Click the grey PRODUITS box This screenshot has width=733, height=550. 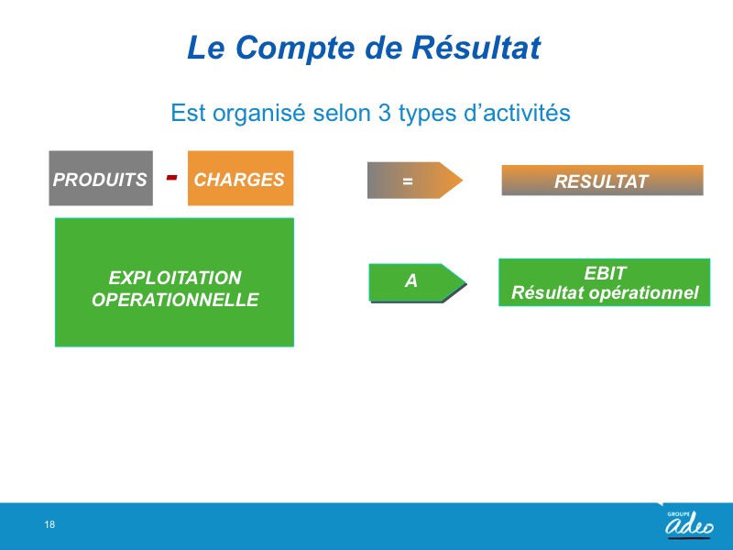coord(101,178)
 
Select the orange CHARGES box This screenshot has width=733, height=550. coord(240,178)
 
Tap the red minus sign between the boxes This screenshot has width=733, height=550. coord(172,177)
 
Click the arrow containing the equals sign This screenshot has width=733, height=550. coord(415,180)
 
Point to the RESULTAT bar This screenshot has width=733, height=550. coord(602,180)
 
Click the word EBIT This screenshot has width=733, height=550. coord(605,273)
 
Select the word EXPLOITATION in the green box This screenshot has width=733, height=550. coord(175,278)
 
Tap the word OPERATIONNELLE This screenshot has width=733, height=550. coord(175,300)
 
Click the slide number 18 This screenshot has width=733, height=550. coord(49,524)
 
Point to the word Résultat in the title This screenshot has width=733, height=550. coord(476,48)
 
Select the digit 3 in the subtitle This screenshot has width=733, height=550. coord(384,113)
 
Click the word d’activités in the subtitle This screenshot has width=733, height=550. coord(517,113)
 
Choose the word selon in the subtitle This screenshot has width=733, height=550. coord(342,113)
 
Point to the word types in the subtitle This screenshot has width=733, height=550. coord(427,114)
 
